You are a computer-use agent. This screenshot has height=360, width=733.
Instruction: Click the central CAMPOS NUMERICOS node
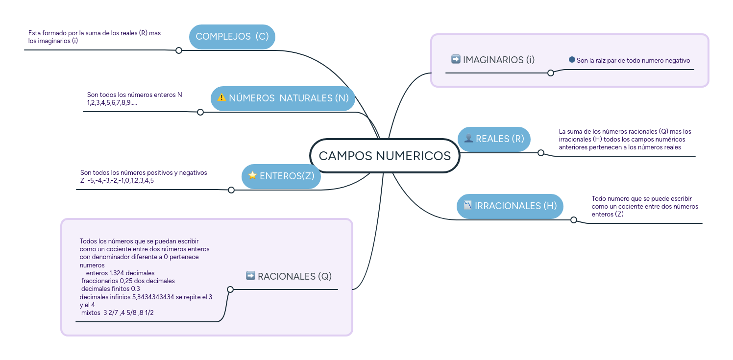385,156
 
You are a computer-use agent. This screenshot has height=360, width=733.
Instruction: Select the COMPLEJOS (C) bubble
232,37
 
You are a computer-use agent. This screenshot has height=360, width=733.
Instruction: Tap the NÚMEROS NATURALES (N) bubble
283,98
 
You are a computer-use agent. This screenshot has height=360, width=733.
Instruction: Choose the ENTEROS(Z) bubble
281,176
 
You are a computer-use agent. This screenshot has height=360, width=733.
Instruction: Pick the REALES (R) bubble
494,139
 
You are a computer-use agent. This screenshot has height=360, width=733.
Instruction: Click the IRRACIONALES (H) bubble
510,206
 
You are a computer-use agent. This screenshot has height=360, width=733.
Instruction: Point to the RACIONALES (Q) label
294,276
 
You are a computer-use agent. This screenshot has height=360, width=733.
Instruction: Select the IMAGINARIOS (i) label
499,60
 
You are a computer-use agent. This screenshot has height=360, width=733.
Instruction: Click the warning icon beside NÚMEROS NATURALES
221,97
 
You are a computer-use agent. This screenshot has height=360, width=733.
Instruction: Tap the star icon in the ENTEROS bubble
252,175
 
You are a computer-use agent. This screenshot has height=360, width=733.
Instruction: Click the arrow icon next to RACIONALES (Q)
250,276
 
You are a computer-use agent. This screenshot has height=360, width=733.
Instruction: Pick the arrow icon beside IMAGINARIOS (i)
456,59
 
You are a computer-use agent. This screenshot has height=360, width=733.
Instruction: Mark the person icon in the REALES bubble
468,139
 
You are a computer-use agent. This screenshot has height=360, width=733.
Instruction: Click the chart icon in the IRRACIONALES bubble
467,205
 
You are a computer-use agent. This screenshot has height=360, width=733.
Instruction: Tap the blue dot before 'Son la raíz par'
572,60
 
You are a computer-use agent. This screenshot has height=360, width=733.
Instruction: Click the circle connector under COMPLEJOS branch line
179,50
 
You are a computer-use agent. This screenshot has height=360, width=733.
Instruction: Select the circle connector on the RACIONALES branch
230,289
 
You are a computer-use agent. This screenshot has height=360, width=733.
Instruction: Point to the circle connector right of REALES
541,153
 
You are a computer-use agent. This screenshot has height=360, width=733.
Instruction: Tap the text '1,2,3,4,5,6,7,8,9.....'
112,102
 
